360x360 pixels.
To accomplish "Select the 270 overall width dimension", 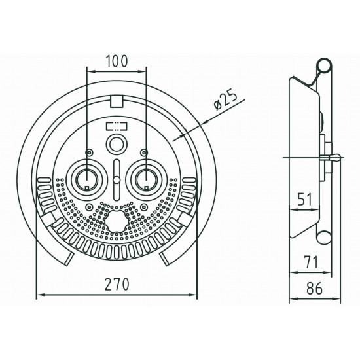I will pos(117,285).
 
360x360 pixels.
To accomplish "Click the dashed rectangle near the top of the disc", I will pos(116,126).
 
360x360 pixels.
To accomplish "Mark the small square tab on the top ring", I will pos(116,99).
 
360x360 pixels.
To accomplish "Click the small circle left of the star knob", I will pos(88,207).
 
